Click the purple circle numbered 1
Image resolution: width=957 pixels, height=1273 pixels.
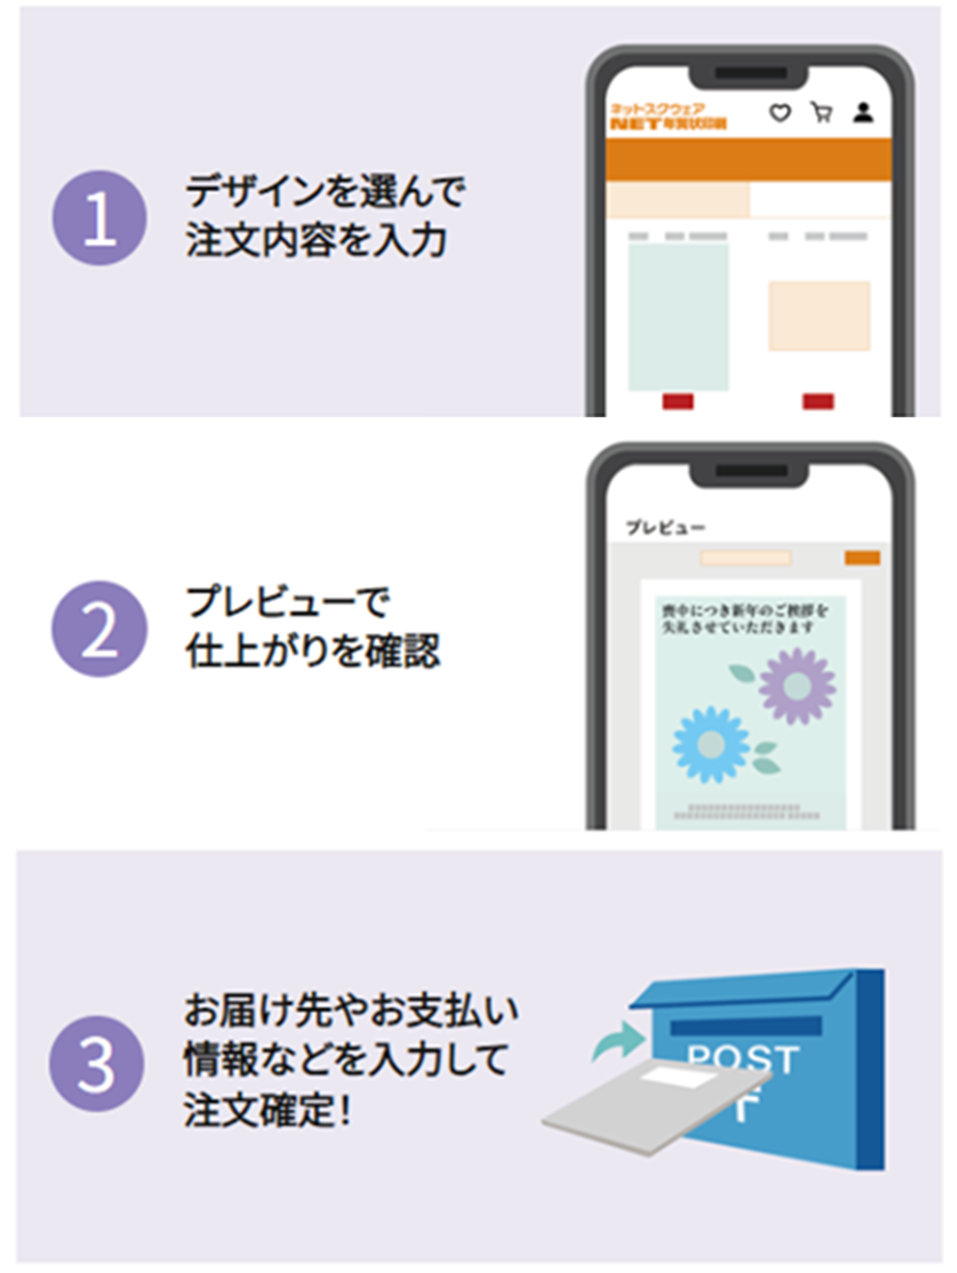point(100,218)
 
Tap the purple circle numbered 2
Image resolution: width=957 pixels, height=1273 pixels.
point(100,629)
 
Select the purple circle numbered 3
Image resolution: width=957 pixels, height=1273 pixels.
point(97,1063)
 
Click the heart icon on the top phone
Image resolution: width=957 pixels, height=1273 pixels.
point(780,113)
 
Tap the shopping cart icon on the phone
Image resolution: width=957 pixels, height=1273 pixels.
point(821,113)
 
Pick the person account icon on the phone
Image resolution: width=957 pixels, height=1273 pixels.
point(863,113)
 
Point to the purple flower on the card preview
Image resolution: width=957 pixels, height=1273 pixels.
point(797,684)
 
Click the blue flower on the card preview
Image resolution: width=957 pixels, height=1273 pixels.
point(711,744)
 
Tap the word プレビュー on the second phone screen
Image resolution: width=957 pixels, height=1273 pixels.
point(665,527)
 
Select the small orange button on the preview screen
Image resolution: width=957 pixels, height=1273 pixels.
point(862,558)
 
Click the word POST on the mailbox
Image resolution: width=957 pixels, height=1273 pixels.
point(743,1058)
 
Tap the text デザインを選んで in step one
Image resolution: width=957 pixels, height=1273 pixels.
point(325,191)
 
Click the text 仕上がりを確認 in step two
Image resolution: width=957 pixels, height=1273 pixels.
point(312,652)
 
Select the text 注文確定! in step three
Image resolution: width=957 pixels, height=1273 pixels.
point(267,1110)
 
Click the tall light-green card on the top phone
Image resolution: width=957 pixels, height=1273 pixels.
point(679,317)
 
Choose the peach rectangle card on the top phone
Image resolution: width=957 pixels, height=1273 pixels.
point(819,316)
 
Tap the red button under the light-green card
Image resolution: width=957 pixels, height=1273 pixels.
point(678,401)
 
